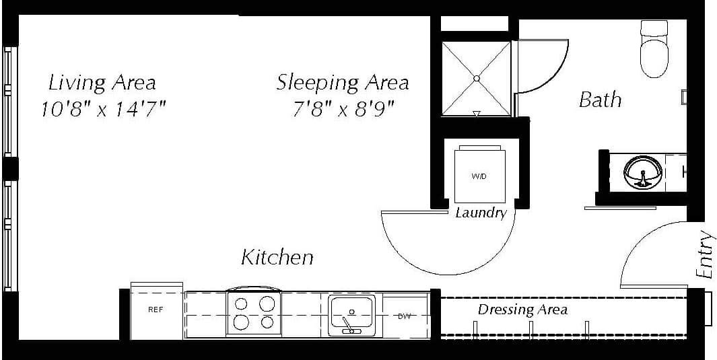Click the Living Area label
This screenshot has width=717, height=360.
pyautogui.click(x=102, y=83)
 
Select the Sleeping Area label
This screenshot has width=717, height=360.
pyautogui.click(x=342, y=83)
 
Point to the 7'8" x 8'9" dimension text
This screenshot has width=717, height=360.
pyautogui.click(x=343, y=108)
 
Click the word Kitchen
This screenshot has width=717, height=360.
pyautogui.click(x=277, y=257)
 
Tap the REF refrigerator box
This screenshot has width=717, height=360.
pyautogui.click(x=156, y=310)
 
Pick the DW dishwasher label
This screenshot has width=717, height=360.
pyautogui.click(x=405, y=316)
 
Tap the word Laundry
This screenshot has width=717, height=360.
pyautogui.click(x=481, y=213)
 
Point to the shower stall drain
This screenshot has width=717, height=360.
pyautogui.click(x=476, y=79)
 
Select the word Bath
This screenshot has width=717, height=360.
pyautogui.click(x=600, y=100)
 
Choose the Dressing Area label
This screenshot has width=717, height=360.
pyautogui.click(x=522, y=310)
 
